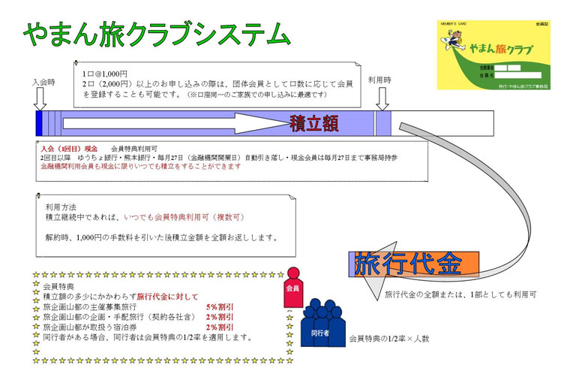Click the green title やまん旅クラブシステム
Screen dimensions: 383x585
point(156,33)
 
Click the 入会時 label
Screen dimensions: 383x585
point(43,82)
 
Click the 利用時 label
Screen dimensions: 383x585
point(381,80)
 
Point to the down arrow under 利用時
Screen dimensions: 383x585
point(382,98)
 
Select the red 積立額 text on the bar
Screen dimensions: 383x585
point(313,123)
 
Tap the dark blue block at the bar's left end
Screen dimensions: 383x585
point(39,122)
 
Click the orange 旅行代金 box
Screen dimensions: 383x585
point(417,264)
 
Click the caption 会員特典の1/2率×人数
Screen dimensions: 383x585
point(389,339)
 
